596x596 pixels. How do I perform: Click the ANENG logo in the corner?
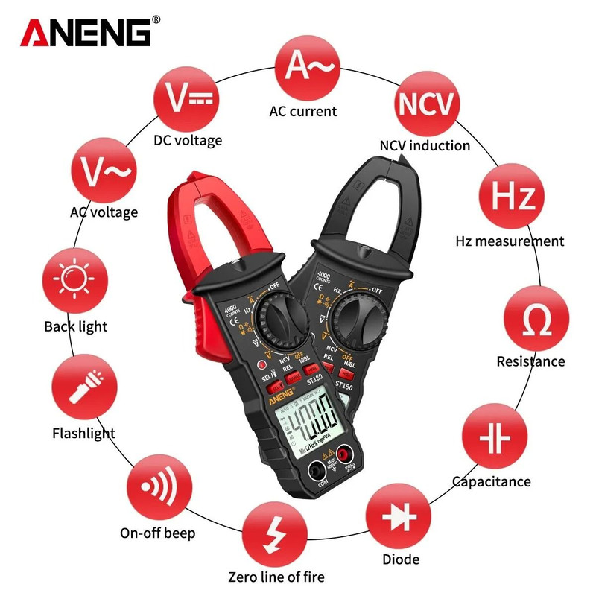click(x=89, y=33)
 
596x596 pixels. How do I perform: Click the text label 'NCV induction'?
click(x=425, y=145)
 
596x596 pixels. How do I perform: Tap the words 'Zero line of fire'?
click(x=276, y=577)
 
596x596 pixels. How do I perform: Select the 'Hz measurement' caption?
click(x=510, y=241)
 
